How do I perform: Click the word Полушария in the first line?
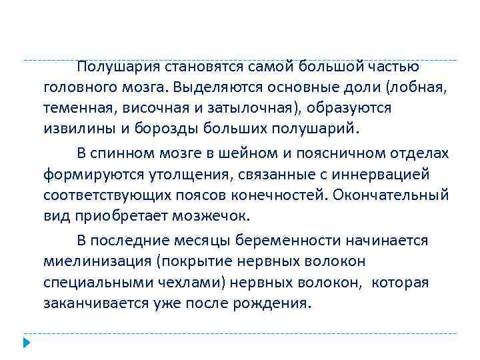point(117,67)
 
